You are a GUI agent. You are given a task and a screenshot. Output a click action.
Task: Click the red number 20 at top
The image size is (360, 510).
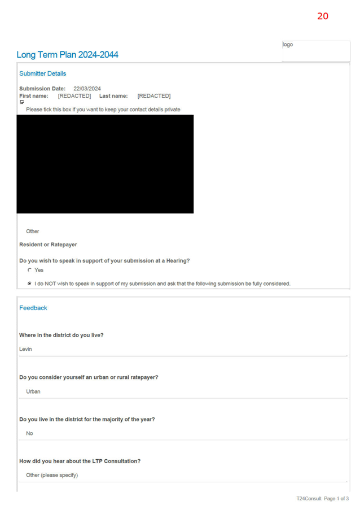[323, 16]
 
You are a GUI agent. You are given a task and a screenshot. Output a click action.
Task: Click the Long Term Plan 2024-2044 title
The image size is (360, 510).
[67, 55]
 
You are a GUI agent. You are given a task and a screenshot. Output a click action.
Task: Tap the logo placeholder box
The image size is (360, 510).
[317, 51]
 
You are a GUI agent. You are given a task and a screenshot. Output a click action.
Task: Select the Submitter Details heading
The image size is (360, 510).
[42, 73]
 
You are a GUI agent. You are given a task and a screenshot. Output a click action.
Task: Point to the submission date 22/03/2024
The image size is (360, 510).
[87, 89]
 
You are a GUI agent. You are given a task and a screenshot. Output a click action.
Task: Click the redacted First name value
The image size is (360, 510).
[74, 96]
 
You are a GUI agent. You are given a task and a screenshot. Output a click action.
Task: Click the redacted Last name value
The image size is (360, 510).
[154, 96]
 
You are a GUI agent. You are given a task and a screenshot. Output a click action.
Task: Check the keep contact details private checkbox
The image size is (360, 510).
[22, 102]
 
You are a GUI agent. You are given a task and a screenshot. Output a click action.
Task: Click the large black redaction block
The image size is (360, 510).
[105, 164]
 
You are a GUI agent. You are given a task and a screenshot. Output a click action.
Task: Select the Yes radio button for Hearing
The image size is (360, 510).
[29, 270]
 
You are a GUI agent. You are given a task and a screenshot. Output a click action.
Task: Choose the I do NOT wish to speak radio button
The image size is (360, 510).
[29, 284]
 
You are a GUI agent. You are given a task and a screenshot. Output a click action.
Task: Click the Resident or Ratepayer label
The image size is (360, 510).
[48, 245]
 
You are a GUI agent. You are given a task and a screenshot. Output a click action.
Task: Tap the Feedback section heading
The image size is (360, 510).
[33, 308]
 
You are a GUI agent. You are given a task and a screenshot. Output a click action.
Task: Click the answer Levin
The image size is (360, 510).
[25, 349]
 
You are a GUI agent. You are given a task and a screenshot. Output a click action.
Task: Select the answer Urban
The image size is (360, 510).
[33, 391]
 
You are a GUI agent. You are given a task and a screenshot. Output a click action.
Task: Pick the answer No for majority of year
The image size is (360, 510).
[29, 433]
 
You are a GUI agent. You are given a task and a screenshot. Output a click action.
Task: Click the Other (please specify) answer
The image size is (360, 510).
[52, 475]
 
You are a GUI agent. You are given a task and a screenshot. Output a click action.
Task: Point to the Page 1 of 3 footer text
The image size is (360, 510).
[336, 499]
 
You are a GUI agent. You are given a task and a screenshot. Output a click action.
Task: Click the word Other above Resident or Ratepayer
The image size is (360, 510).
[33, 231]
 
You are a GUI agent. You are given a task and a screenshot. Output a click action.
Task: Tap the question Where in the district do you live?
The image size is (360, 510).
[62, 335]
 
